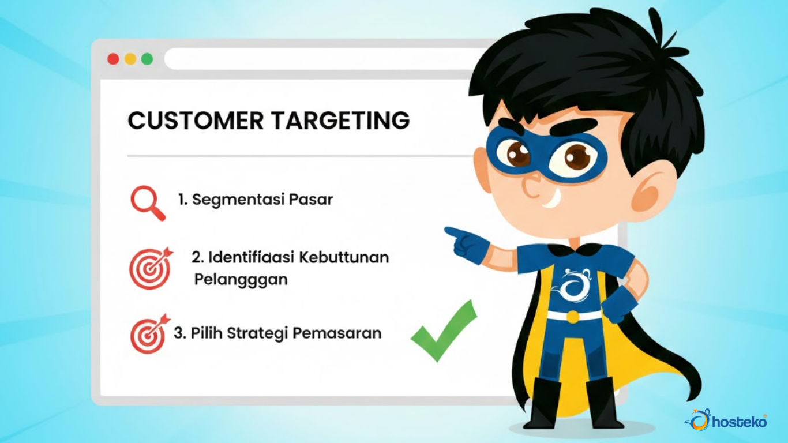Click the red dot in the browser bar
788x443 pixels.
tap(113, 59)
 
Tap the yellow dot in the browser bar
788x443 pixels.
tap(130, 59)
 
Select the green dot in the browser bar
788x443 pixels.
tap(147, 59)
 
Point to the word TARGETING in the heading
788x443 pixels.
tap(340, 121)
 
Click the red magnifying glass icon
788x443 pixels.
tap(148, 203)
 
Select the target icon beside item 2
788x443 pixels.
tap(151, 268)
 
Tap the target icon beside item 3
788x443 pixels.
tap(150, 333)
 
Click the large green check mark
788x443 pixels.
tap(444, 331)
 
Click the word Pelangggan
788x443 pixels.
tap(241, 280)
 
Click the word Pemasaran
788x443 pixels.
tap(337, 333)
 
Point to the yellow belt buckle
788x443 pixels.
tap(573, 317)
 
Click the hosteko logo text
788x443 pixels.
tap(740, 422)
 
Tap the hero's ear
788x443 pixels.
tap(651, 190)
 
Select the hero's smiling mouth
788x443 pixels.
tap(551, 200)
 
